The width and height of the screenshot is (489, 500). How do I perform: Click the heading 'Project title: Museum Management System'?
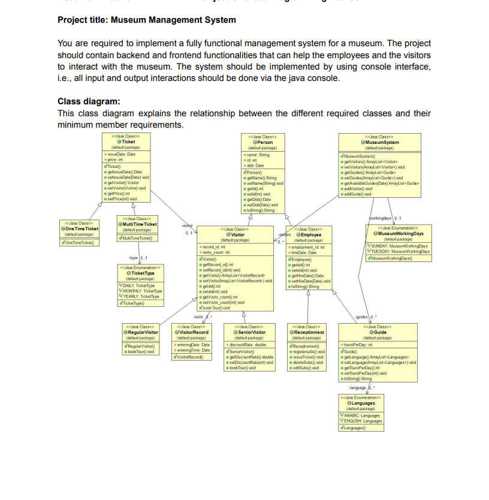(147, 20)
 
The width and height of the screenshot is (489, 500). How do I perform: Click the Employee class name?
(312, 234)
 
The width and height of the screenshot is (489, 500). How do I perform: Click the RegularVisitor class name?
(143, 332)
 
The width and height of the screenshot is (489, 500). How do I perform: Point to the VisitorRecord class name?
(193, 332)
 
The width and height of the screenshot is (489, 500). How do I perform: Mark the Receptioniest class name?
(309, 332)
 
